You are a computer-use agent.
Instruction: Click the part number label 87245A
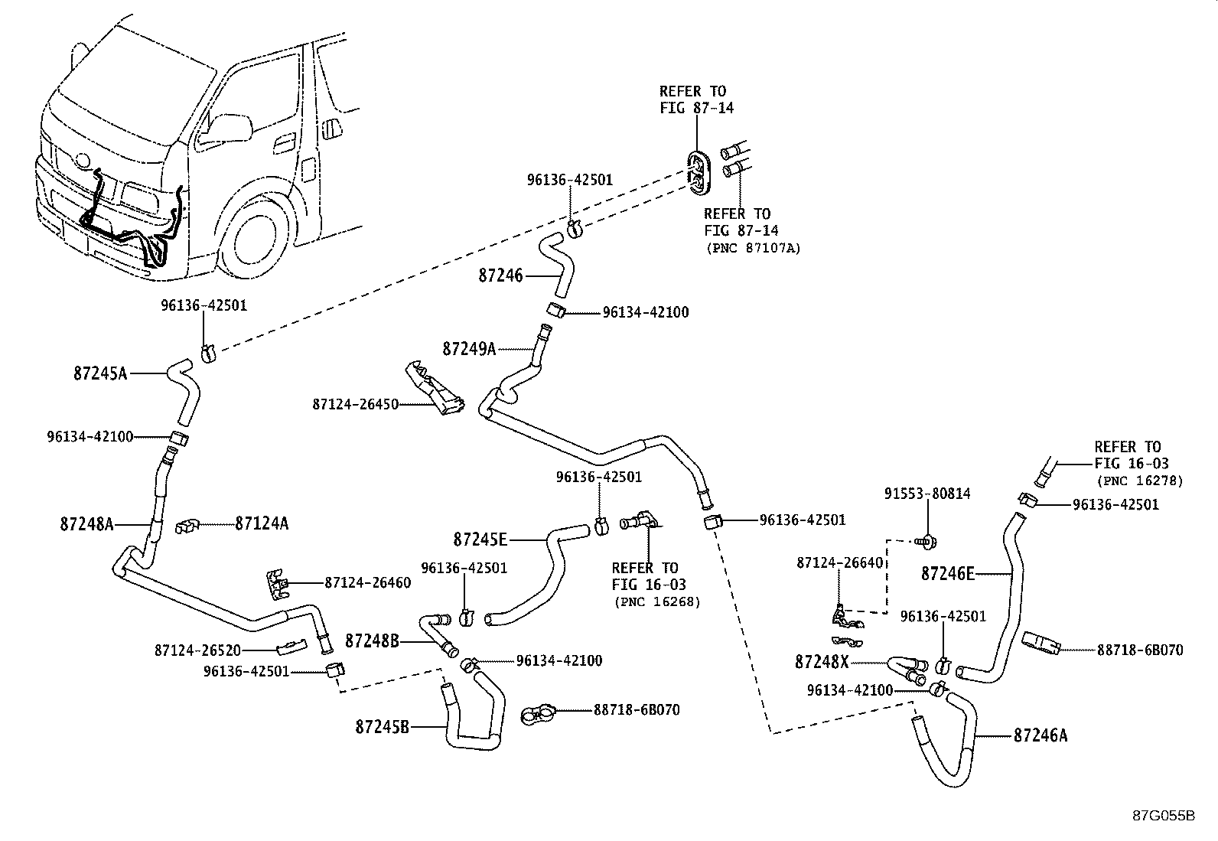pyautogui.click(x=100, y=373)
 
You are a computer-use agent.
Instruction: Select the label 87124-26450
pyautogui.click(x=355, y=403)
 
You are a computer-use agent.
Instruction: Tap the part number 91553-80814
pyautogui.click(x=927, y=494)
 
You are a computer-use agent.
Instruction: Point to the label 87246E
pyautogui.click(x=948, y=572)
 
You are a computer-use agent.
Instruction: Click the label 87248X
pyautogui.click(x=821, y=661)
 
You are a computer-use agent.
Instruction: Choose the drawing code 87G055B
pyautogui.click(x=1164, y=815)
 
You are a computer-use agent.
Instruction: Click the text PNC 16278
pyautogui.click(x=1139, y=481)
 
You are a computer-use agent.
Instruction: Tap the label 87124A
pyautogui.click(x=262, y=523)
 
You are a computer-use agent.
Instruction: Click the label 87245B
pyautogui.click(x=381, y=725)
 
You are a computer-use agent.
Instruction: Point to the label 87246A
pyautogui.click(x=1040, y=735)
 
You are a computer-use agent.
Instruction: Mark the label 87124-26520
pyautogui.click(x=197, y=650)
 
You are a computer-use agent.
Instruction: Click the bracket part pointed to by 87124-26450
pyautogui.click(x=435, y=389)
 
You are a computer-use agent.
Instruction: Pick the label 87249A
pyautogui.click(x=469, y=349)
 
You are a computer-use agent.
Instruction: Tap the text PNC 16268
pyautogui.click(x=657, y=602)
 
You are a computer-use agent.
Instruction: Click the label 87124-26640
pyautogui.click(x=839, y=562)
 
